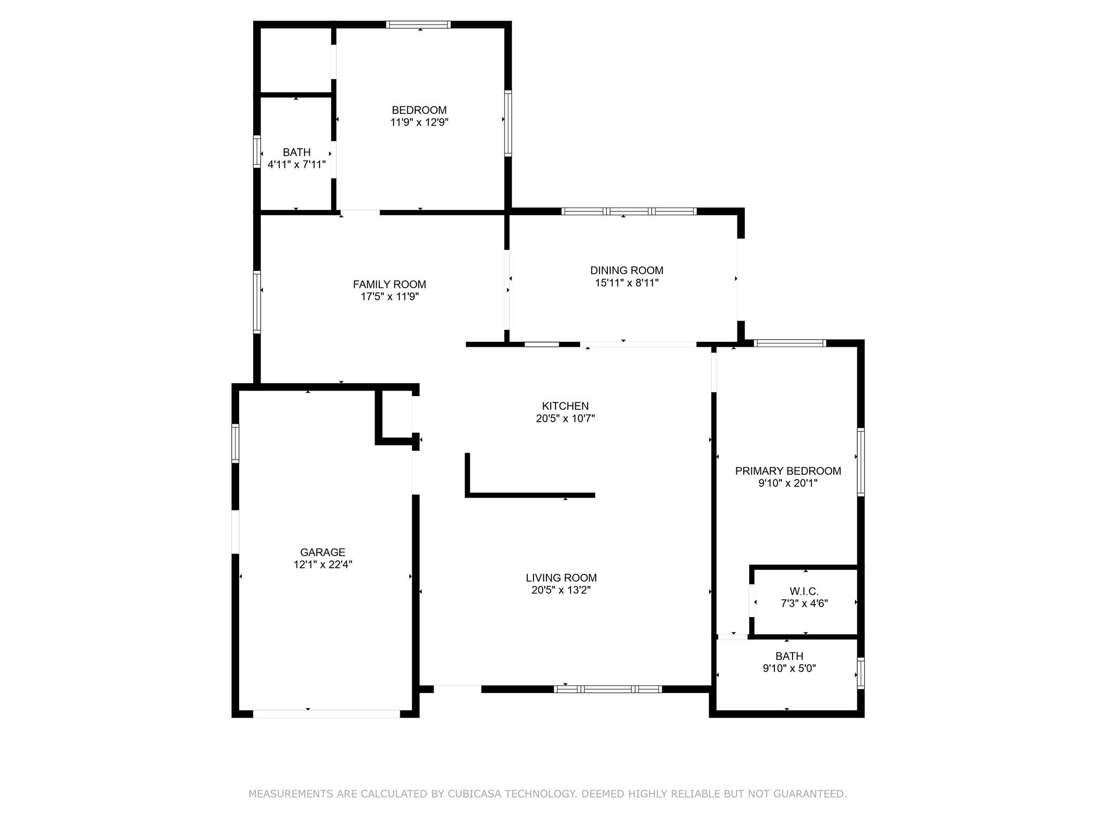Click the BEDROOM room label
click(x=419, y=110)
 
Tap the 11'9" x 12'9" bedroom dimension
click(x=419, y=123)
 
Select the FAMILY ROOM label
click(x=390, y=285)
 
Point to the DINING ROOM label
click(x=627, y=271)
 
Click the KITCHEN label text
click(x=565, y=406)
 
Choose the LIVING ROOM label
click(x=561, y=578)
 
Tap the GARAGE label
click(x=323, y=552)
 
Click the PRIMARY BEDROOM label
click(x=788, y=471)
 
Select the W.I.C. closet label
click(x=804, y=591)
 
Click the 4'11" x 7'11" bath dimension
click(x=296, y=165)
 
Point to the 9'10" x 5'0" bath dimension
click(x=789, y=668)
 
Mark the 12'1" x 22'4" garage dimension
click(x=323, y=565)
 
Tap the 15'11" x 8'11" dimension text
click(x=627, y=283)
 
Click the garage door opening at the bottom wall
click(x=326, y=714)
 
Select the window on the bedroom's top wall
click(x=418, y=24)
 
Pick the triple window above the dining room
click(x=629, y=211)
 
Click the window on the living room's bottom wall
click(x=608, y=689)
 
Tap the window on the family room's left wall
click(x=257, y=302)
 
